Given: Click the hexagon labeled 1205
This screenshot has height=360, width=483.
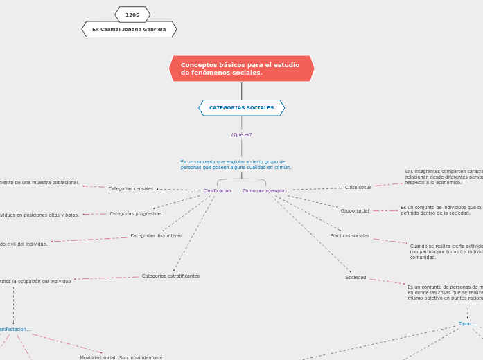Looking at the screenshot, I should tap(132, 15).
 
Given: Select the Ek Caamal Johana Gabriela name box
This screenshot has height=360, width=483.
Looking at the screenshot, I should tap(129, 29).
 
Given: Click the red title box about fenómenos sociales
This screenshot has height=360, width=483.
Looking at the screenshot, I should tap(241, 69).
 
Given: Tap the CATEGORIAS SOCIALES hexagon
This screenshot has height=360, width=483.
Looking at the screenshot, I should tap(241, 108).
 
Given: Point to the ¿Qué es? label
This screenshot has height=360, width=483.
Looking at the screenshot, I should tap(241, 135).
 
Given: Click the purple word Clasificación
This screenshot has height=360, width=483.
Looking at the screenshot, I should tap(217, 190).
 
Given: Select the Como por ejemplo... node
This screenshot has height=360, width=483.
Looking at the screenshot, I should tap(265, 190).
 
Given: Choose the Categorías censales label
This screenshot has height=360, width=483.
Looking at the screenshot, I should tap(131, 188).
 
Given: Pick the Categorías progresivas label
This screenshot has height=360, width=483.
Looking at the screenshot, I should tap(136, 213).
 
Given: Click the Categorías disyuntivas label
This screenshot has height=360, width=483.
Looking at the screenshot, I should tap(156, 235).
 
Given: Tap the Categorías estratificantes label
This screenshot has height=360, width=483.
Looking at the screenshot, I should tap(170, 276).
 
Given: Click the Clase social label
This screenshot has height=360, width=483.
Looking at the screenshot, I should tap(358, 187).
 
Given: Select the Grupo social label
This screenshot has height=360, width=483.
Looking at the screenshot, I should tap(355, 210).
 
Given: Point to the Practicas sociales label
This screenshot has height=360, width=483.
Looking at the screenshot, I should tap(350, 235).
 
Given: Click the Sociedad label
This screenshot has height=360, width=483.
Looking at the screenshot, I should tap(356, 277).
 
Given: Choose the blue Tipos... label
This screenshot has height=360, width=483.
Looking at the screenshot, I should tap(466, 323).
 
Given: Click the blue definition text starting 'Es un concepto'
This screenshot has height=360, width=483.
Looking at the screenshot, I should tap(236, 164).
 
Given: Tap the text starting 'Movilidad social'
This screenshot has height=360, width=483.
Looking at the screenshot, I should tap(121, 357).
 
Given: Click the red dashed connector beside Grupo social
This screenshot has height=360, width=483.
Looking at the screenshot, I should tap(385, 210).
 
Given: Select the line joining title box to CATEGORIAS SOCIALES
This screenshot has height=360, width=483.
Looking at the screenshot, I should tap(241, 91).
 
